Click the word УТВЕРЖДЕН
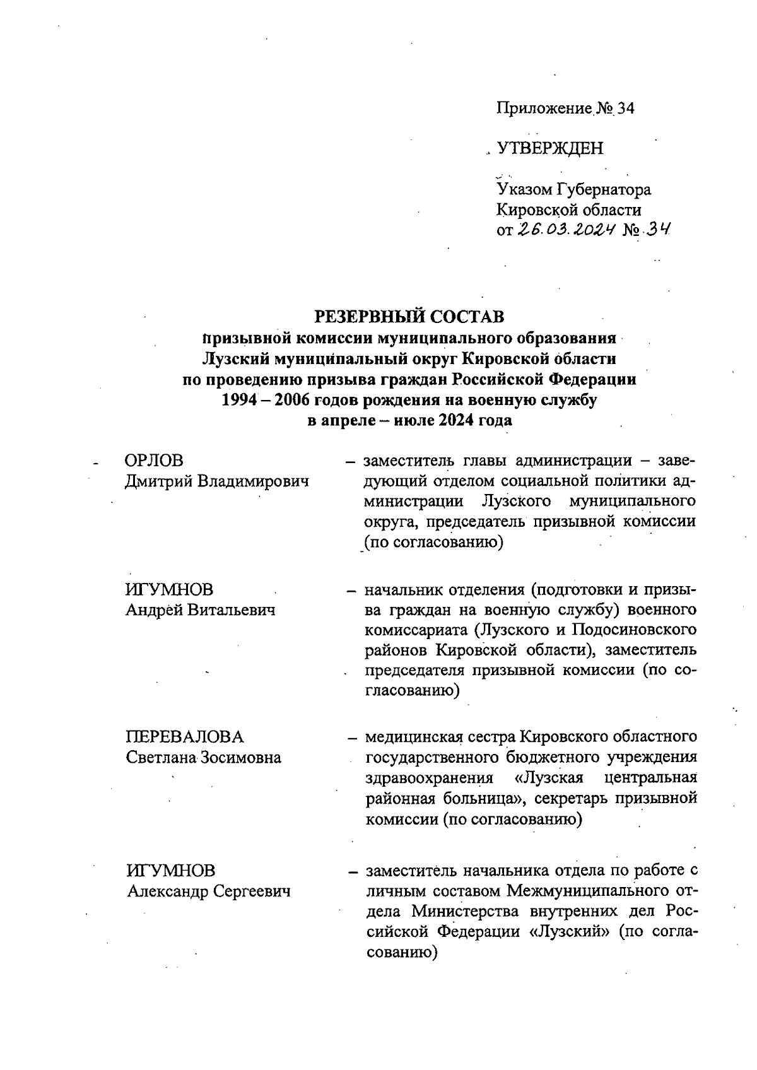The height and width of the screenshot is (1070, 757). coord(550,149)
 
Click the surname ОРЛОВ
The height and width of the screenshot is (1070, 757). coord(154,461)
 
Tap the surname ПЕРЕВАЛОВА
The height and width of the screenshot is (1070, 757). coord(184,737)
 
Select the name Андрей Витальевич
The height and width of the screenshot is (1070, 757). coord(201,610)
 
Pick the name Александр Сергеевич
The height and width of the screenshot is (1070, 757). coord(208,891)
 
